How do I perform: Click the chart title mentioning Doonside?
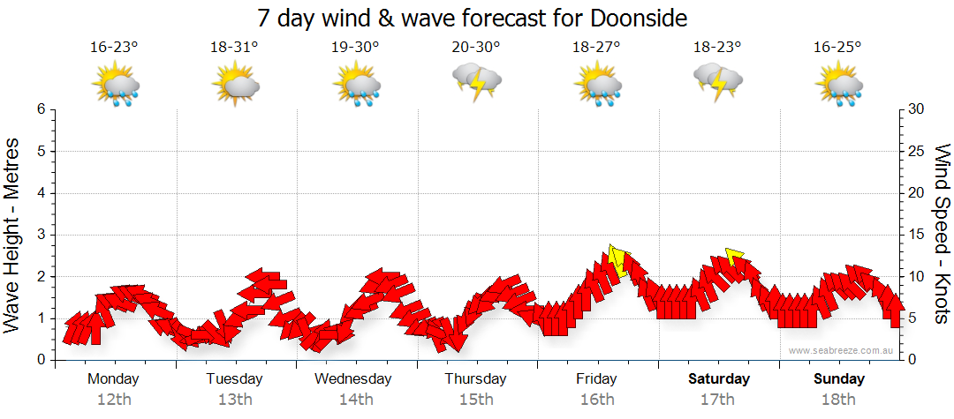click(x=472, y=19)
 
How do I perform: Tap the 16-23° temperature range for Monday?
click(x=114, y=49)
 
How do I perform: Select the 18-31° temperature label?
click(x=234, y=49)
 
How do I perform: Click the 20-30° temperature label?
click(x=476, y=49)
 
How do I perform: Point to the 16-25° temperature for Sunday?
click(x=837, y=49)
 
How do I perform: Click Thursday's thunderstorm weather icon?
click(x=477, y=83)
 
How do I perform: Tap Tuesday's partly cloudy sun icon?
click(x=235, y=86)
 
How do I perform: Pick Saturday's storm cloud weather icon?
click(x=718, y=83)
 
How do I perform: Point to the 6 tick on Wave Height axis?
click(x=41, y=109)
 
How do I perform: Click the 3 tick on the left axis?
click(x=41, y=235)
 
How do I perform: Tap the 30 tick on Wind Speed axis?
click(x=917, y=109)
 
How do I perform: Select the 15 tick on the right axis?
click(x=917, y=235)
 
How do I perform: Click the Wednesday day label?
click(x=353, y=379)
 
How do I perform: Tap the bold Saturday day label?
click(x=718, y=379)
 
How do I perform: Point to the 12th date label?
click(x=113, y=400)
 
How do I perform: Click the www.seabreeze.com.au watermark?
click(x=842, y=350)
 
